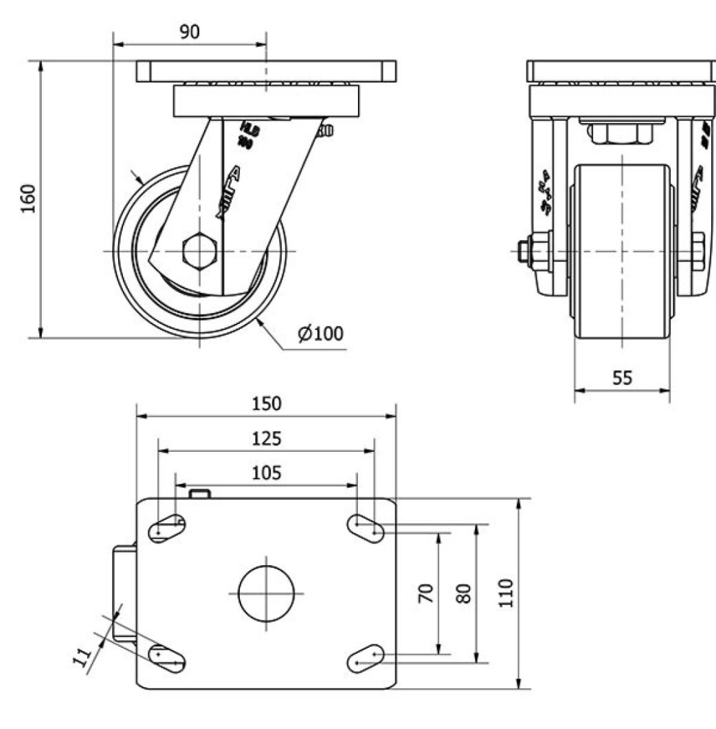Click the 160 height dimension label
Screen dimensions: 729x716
[27, 199]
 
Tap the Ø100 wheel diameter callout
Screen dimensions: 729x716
[320, 334]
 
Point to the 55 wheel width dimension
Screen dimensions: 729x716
[621, 378]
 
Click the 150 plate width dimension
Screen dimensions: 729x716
[266, 404]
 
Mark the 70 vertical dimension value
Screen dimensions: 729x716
[426, 592]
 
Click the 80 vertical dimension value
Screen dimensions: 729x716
[465, 592]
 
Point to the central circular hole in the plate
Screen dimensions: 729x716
[267, 594]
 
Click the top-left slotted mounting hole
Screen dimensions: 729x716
[166, 529]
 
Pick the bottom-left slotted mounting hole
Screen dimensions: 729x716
[167, 657]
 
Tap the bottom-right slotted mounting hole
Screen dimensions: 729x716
[366, 657]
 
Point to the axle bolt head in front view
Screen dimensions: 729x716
[529, 251]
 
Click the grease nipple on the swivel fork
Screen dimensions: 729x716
[326, 130]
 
